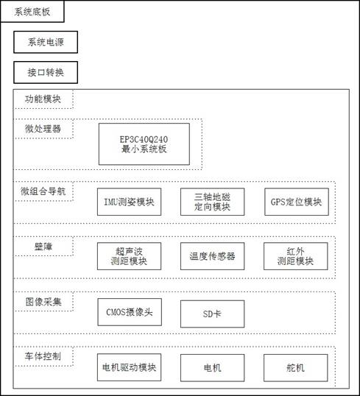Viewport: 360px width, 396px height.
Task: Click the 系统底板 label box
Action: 32,12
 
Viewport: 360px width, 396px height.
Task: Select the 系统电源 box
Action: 46,42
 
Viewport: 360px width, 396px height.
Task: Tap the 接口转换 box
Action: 46,72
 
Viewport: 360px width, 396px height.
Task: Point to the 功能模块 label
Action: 43,99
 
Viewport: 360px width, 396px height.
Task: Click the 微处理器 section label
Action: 43,129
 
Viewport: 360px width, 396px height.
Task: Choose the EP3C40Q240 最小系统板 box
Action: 144,144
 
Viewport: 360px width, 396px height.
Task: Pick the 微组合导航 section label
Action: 43,191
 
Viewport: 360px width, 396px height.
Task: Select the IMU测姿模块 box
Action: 129,202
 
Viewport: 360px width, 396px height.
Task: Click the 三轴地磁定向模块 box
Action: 212,202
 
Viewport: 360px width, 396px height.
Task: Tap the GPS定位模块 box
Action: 297,202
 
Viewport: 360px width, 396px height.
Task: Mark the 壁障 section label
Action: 43,247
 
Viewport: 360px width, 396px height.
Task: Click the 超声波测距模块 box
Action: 129,256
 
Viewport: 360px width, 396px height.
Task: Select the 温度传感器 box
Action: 212,256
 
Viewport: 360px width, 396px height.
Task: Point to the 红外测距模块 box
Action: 295,256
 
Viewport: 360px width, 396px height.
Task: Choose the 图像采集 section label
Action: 43,302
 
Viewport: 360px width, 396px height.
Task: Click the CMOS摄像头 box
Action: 130,312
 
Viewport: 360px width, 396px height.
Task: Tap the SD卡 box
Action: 212,314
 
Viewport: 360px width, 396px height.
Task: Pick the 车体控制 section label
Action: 43,356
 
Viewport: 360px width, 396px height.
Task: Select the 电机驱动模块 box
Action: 129,367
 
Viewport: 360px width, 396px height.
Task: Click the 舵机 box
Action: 295,368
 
